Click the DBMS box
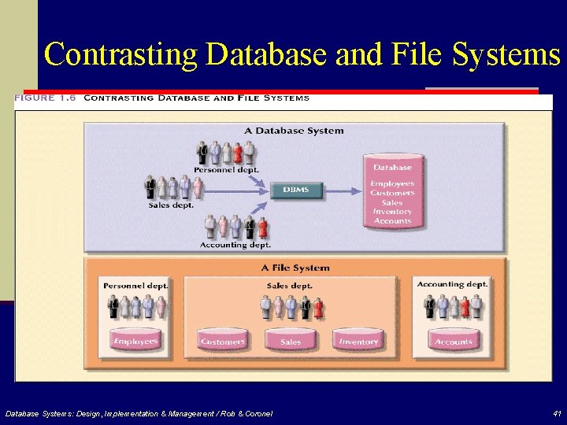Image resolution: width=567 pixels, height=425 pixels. [296, 190]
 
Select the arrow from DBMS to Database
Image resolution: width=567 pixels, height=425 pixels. [343, 191]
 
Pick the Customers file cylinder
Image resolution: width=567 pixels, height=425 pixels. [222, 339]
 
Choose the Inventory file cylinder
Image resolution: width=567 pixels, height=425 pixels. [358, 339]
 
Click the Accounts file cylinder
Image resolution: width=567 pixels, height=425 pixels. [454, 339]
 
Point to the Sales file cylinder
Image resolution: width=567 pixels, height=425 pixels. [291, 339]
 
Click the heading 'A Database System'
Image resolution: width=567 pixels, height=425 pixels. [294, 131]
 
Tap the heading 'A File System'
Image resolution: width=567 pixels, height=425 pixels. [295, 268]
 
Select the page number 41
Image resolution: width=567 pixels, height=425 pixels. [557, 413]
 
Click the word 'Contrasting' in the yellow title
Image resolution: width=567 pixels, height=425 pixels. [120, 54]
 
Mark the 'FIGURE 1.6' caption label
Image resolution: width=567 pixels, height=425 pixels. [45, 98]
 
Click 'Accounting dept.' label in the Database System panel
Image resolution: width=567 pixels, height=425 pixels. [235, 245]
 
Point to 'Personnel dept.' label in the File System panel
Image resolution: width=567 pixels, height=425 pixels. [136, 286]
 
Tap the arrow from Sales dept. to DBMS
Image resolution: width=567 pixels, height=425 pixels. [236, 191]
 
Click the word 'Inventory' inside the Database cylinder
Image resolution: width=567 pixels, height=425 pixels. [392, 212]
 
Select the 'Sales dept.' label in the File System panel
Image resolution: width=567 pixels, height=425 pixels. [289, 286]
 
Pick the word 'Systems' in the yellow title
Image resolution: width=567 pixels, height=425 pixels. [506, 54]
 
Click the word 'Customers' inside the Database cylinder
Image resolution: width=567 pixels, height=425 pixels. [392, 193]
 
